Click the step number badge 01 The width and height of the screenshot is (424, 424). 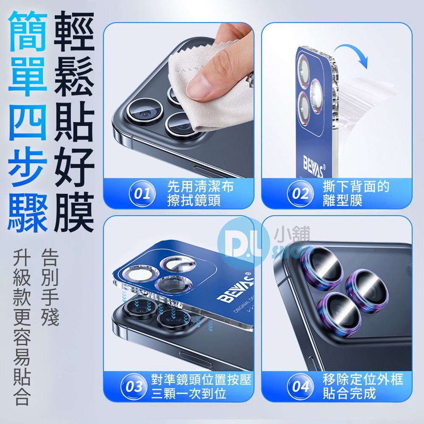pos(142,194)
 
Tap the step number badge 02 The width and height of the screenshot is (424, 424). pos(300,194)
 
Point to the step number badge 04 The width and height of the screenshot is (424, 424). pos(300,387)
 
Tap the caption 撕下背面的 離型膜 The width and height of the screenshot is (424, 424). pos(355,193)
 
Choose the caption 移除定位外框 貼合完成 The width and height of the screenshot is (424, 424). pos(363,386)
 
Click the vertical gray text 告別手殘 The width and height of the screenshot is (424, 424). pos(50,288)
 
